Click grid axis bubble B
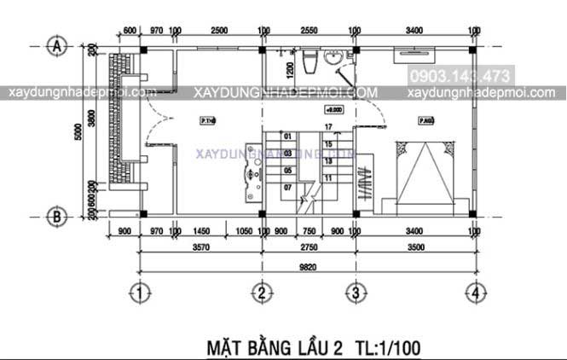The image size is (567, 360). (57, 217)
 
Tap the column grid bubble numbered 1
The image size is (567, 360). (140, 293)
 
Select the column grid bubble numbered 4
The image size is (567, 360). (473, 293)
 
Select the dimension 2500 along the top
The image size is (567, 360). (218, 31)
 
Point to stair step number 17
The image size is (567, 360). (328, 126)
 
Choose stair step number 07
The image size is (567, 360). (288, 186)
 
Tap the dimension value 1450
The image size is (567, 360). (203, 231)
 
